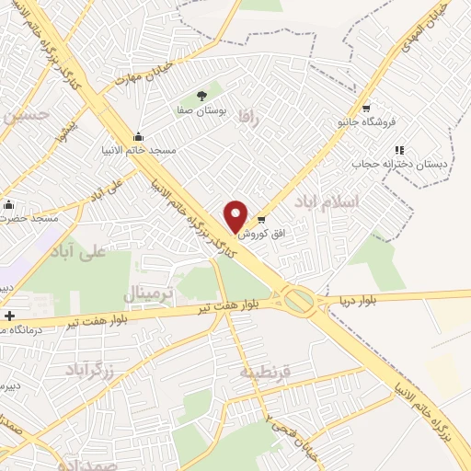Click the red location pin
pos(235,215)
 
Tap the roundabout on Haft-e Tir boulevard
pos(298,300)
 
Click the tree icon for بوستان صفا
pos(201,96)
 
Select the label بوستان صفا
pos(201,109)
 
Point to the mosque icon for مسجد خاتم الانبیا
pos(138,136)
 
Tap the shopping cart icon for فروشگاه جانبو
pos(366,108)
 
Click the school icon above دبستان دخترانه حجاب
pos(399,149)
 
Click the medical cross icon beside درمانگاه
pos(8,316)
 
